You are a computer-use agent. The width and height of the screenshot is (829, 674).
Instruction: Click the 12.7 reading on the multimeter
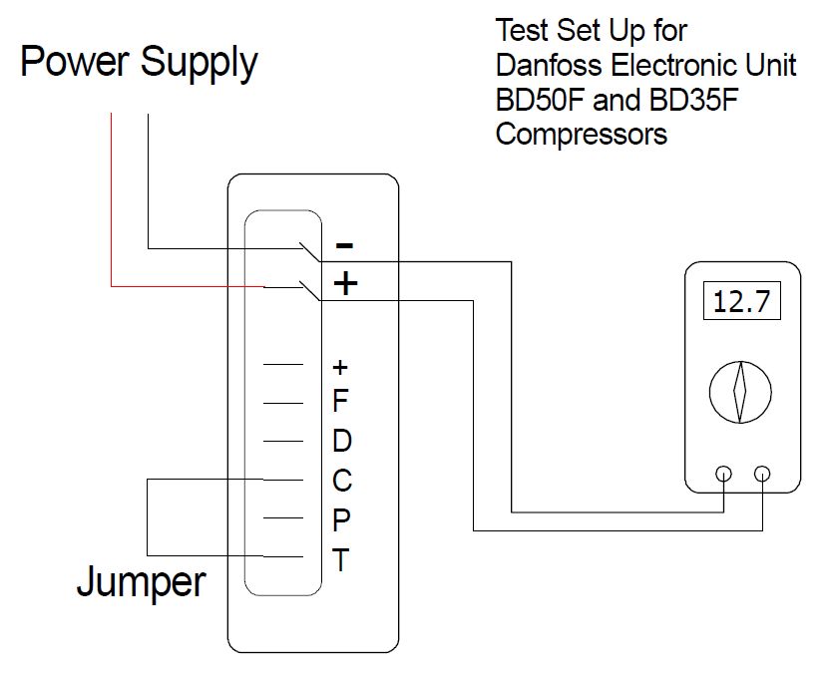tap(742, 301)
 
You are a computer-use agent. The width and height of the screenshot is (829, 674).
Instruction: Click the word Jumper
tap(141, 582)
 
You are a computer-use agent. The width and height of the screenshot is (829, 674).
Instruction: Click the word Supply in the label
tap(199, 65)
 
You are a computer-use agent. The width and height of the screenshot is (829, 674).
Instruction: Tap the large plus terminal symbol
tap(345, 284)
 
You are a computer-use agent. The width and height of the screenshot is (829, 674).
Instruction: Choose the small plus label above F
tap(339, 366)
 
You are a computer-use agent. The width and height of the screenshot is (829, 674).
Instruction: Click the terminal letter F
tap(340, 402)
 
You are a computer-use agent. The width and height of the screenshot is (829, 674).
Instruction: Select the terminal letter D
tap(341, 441)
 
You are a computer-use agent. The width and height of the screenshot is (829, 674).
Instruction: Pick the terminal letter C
tap(341, 481)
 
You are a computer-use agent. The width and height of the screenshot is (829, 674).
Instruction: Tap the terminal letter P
tap(340, 519)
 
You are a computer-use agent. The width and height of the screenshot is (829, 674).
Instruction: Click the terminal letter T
tap(340, 560)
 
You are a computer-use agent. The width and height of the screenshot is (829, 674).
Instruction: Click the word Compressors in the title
tap(581, 133)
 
